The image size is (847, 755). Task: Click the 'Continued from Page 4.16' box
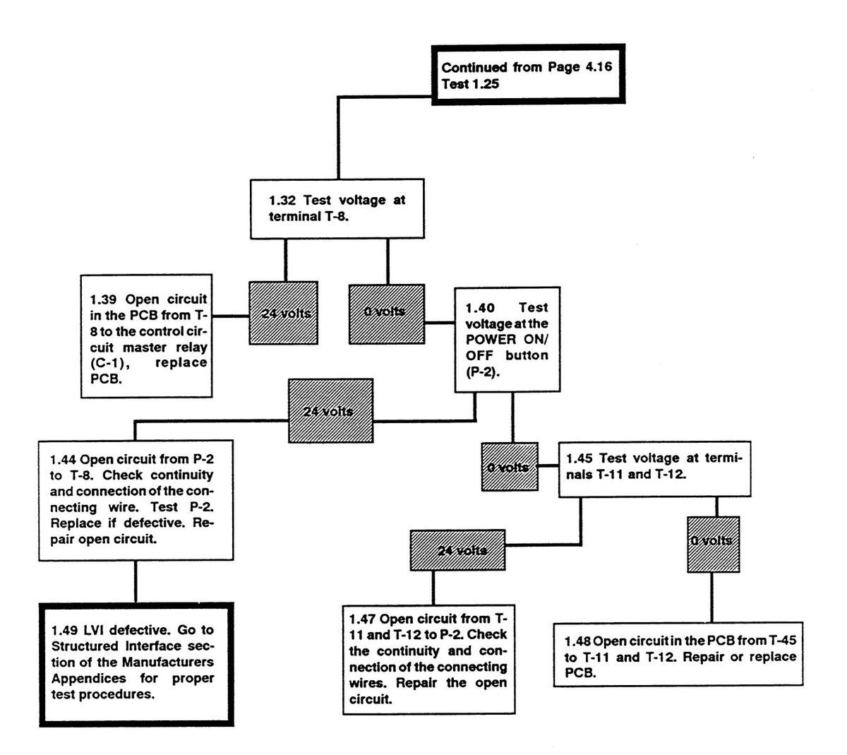click(528, 75)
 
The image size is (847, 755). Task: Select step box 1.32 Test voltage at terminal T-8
click(337, 208)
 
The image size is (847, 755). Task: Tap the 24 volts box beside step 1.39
click(283, 313)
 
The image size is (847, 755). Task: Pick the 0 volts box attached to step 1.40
click(387, 313)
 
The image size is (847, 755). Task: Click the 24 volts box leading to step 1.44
click(330, 410)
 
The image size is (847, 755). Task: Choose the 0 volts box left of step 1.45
click(509, 467)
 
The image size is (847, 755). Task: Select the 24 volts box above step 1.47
click(458, 550)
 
